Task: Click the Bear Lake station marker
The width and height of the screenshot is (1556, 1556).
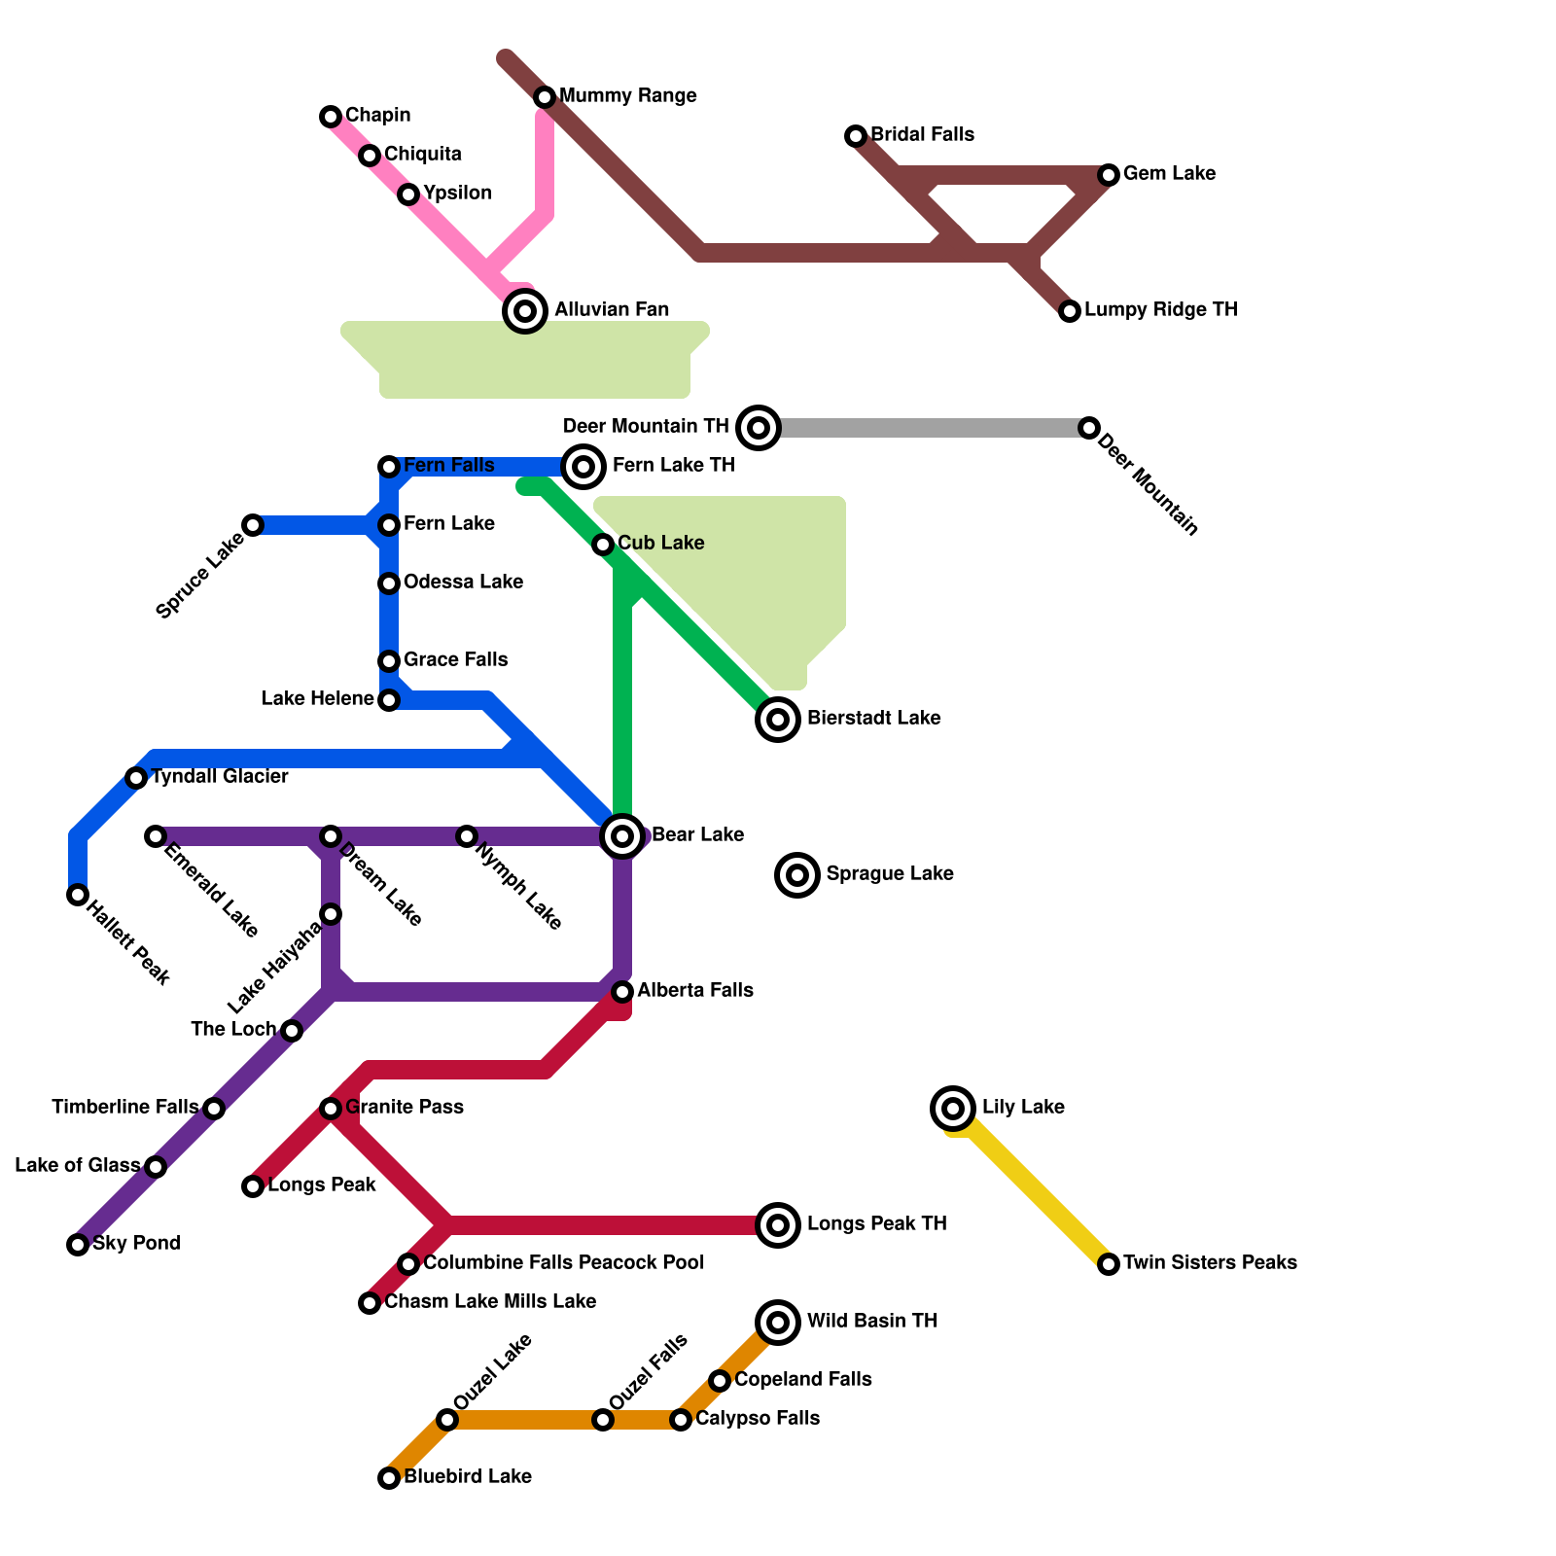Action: coord(622,835)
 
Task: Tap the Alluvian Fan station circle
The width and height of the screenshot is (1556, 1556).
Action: coord(525,311)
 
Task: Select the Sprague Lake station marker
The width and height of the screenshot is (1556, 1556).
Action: coord(797,875)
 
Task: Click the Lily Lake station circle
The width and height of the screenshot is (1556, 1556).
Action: coord(953,1108)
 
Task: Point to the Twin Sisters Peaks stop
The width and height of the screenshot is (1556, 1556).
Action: coord(1109,1264)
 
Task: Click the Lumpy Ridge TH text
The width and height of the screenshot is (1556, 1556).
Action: coord(1160,310)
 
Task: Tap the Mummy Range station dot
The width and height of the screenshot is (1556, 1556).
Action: coord(545,97)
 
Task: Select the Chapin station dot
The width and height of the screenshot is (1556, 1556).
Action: coord(331,117)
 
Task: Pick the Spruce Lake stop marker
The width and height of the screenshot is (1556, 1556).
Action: coord(253,525)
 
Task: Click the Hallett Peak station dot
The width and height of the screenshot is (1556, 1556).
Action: coord(78,895)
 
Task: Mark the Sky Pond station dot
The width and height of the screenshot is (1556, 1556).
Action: coord(78,1245)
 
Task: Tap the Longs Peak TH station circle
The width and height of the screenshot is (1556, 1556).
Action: coord(778,1225)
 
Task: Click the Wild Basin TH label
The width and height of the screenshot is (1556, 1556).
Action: coord(871,1322)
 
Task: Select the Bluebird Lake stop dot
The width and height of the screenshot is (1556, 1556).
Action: coord(389,1478)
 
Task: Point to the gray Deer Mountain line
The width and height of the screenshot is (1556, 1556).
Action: coord(924,428)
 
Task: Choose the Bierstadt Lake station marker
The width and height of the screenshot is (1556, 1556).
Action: coord(778,720)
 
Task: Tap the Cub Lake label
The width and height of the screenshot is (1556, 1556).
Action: coord(660,544)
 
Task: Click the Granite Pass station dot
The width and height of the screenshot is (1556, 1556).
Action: coord(331,1109)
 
